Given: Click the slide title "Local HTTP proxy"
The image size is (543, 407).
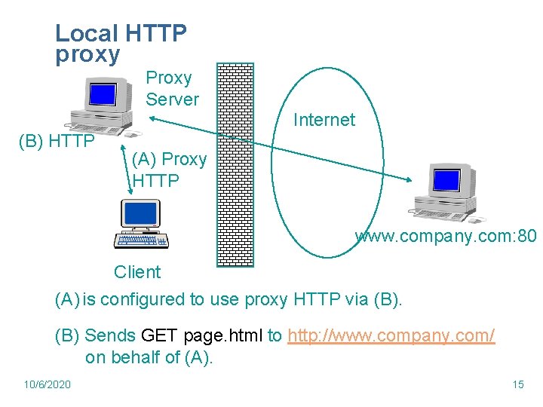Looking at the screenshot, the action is [121, 44].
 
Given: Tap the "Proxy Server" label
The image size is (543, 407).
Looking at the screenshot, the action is [172, 88].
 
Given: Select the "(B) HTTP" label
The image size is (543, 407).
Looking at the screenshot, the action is [57, 141].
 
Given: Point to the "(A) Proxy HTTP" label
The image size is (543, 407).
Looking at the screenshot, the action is [169, 170].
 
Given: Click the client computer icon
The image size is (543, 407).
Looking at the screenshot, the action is [142, 225].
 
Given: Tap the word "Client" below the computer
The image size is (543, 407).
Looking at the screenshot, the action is [137, 272].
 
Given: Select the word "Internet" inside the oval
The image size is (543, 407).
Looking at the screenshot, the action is [324, 120].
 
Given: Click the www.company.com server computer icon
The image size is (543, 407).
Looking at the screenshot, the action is [448, 192].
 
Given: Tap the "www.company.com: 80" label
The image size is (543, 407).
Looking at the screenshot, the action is [446, 237].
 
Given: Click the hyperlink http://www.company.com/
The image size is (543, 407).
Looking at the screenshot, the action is [391, 335].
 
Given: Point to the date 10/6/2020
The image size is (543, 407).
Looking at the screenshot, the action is [47, 384].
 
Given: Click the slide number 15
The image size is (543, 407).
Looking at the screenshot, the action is [517, 384].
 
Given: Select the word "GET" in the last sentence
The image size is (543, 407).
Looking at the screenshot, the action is [158, 335].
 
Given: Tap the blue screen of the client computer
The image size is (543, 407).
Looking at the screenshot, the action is [141, 214].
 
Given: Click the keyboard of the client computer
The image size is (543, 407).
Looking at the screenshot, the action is [141, 241].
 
